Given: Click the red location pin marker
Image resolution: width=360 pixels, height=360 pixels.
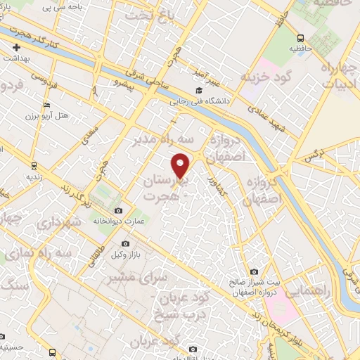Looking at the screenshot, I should pyautogui.click(x=181, y=166).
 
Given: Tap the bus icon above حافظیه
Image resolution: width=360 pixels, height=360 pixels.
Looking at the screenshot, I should pyautogui.click(x=300, y=39).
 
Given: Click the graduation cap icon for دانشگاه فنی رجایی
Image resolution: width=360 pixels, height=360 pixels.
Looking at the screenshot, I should pyautogui.click(x=200, y=90).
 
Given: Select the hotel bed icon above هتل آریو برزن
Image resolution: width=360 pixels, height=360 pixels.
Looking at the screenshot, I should pyautogui.click(x=46, y=105).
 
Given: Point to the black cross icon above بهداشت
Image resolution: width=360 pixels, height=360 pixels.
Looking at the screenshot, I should pyautogui.click(x=16, y=48).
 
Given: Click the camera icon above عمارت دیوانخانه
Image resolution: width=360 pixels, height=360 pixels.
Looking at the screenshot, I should pyautogui.click(x=117, y=211).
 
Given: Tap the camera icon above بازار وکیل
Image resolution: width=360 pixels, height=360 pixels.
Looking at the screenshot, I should pyautogui.click(x=126, y=243).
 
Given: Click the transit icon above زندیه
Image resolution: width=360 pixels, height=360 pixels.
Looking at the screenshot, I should pyautogui.click(x=32, y=166).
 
